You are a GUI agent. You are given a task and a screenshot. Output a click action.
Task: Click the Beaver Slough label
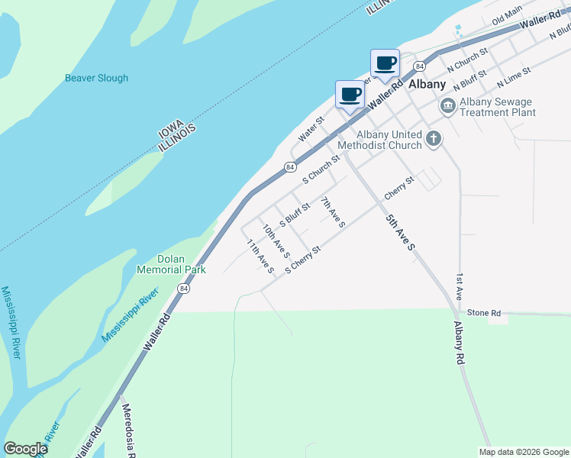(96, 78)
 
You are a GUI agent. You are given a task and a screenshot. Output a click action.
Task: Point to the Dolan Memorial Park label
(171, 264)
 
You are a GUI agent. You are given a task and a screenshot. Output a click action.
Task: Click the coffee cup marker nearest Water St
(350, 95)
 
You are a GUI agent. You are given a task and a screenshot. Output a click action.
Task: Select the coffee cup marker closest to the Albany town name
(384, 63)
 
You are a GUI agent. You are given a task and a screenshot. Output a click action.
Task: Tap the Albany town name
(427, 84)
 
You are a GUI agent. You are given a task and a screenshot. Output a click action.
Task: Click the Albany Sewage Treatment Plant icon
(447, 106)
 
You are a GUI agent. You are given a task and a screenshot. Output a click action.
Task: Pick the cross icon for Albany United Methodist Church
(434, 139)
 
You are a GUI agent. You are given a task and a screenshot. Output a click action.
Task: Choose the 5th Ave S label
(399, 233)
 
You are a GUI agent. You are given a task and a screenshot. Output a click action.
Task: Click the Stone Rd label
(484, 313)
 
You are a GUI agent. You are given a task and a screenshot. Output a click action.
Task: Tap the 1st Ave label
(460, 286)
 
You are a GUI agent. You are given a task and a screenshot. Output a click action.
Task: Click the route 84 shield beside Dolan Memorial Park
(183, 288)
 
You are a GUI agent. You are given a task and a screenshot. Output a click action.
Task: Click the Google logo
(26, 449)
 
